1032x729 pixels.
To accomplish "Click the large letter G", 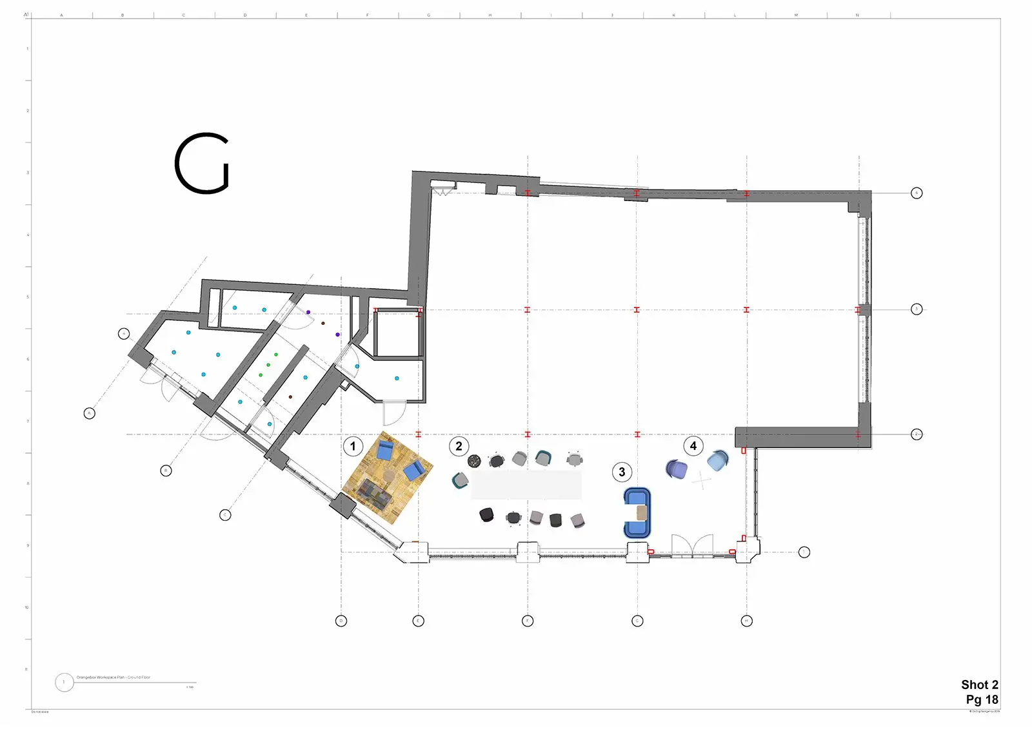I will (202, 164).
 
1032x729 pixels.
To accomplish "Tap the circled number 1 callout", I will (353, 446).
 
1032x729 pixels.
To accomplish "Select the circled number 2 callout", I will (459, 446).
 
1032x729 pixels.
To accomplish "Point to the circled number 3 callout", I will (622, 472).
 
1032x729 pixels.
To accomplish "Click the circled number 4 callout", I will (693, 446).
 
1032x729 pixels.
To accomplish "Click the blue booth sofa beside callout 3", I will (637, 513).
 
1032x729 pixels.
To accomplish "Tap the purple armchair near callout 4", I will (676, 469).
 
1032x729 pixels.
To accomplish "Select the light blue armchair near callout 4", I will (718, 460).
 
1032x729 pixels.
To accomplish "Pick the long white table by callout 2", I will (526, 485).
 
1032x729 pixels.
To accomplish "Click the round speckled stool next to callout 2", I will (474, 461).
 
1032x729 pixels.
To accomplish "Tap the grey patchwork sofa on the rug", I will (375, 493).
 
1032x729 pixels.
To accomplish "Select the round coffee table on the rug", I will (390, 476).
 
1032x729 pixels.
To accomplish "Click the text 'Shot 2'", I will (979, 685).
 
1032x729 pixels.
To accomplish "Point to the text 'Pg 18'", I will (982, 699).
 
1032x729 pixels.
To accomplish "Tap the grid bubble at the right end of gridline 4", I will (917, 193).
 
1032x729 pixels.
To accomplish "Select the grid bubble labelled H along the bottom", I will (747, 621).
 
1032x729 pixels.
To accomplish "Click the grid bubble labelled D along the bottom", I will (341, 621).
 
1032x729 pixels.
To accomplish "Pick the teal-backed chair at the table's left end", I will (460, 480).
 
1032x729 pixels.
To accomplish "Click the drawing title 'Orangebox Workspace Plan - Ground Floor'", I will (114, 677).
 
